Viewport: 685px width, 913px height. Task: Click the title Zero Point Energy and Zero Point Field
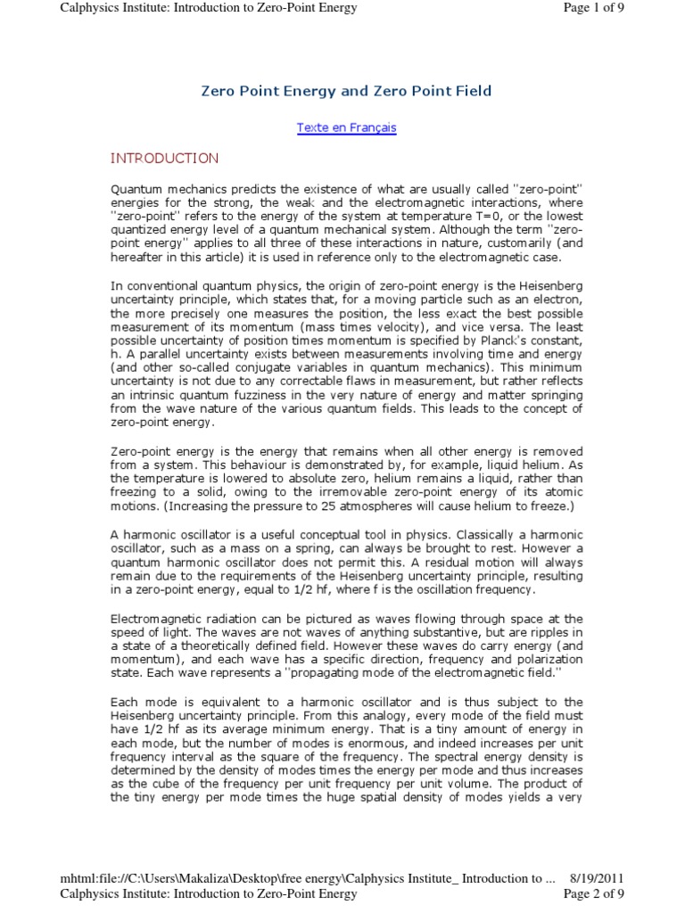point(346,91)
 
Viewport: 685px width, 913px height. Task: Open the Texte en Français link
point(346,127)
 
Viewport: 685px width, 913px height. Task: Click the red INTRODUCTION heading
point(164,159)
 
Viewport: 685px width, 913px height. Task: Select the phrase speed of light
point(153,631)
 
